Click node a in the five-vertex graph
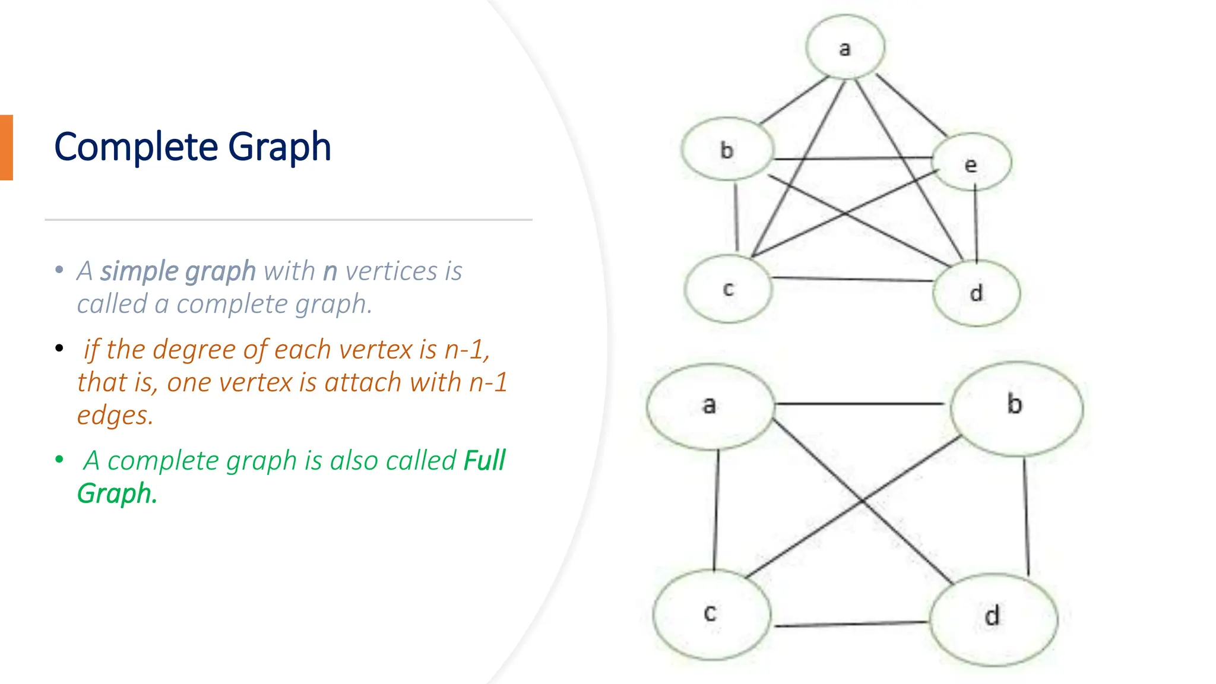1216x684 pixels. point(845,47)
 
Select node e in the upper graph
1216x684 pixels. point(971,163)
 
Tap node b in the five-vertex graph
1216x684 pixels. point(727,150)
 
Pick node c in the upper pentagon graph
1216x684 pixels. point(729,289)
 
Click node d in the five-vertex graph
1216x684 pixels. point(977,293)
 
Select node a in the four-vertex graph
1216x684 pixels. point(710,406)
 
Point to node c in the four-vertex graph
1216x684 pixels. point(711,614)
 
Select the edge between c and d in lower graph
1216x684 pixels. point(850,624)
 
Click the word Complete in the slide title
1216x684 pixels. point(137,147)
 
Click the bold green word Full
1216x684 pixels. point(484,461)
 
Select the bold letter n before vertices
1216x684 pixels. point(330,272)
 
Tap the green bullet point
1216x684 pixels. point(59,460)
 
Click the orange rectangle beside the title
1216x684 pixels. point(7,147)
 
